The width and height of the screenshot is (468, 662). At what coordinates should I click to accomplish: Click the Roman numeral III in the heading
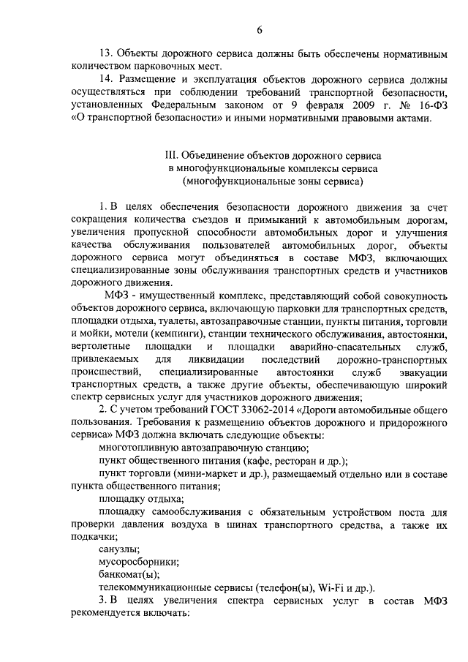[173, 154]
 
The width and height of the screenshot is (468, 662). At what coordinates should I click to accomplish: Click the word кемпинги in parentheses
[189, 331]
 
